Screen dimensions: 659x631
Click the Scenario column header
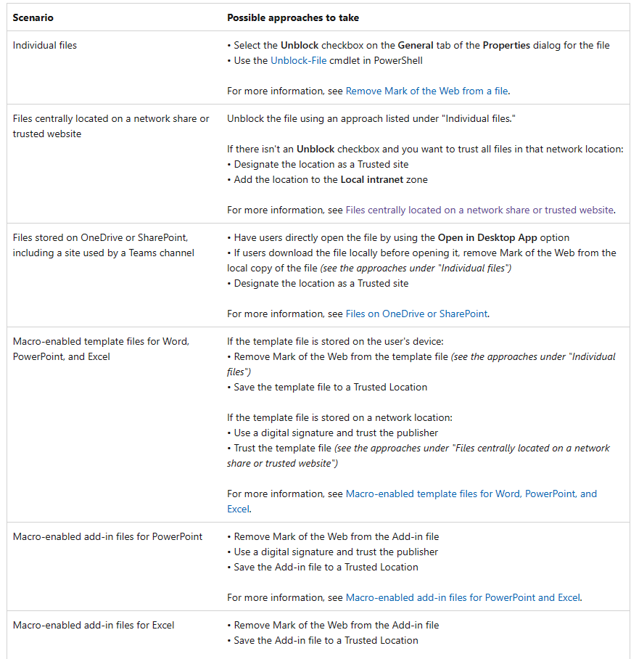[33, 17]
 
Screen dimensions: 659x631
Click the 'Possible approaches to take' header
[293, 17]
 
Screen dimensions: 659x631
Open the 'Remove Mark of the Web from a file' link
[426, 91]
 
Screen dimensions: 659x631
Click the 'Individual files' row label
[45, 46]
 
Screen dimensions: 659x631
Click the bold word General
[416, 46]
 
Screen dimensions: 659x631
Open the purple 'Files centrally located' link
[479, 210]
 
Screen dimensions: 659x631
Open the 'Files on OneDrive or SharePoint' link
[416, 314]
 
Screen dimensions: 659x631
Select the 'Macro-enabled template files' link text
[471, 494]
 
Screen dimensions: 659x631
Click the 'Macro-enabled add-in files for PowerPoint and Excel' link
[463, 598]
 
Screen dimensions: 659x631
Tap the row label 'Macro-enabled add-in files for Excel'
[94, 625]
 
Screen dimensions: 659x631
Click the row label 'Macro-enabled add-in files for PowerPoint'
[107, 537]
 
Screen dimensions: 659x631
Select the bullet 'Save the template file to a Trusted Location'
[330, 388]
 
